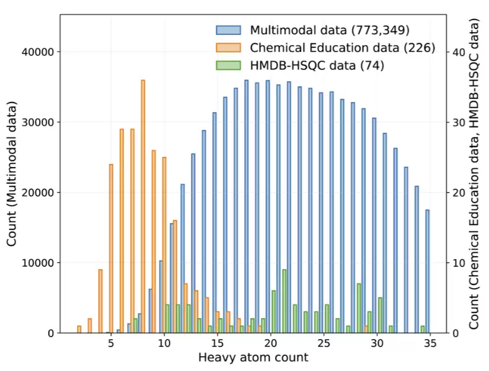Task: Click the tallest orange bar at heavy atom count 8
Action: [143, 206]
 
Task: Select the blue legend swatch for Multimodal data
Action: [228, 30]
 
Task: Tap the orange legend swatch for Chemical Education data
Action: [228, 47]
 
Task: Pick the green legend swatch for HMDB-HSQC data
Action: [228, 65]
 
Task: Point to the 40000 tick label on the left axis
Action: [38, 52]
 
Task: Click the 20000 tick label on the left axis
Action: [38, 193]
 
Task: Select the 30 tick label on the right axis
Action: [459, 122]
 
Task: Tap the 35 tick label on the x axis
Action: [430, 343]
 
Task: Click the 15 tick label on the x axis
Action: [218, 343]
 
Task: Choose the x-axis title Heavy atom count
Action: [253, 357]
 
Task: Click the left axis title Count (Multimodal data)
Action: [11, 174]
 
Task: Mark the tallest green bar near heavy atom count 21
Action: [285, 301]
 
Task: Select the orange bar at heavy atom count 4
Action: [100, 301]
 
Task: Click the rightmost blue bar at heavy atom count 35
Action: [427, 271]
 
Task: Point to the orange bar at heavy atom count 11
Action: [175, 277]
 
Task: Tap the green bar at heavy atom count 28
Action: [359, 308]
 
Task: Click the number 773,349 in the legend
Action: [381, 30]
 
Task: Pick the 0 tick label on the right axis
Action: [456, 333]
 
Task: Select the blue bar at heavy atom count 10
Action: [161, 297]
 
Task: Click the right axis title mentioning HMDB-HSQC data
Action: [474, 174]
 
